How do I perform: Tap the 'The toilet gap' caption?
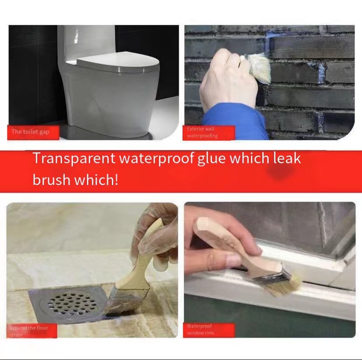pos(31,132)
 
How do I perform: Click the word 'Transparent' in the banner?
pos(70,158)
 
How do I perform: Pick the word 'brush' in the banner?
pos(51,179)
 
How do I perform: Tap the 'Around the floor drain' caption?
pos(29,331)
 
